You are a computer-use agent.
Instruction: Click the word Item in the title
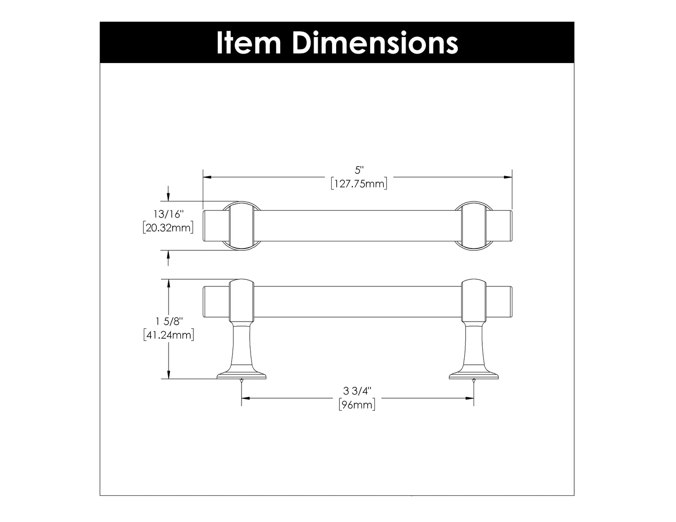point(248,43)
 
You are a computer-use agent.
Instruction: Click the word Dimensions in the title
point(375,43)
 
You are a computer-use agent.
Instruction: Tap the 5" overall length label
point(359,170)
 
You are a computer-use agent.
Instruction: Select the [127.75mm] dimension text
point(359,184)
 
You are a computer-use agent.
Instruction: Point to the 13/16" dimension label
point(169,214)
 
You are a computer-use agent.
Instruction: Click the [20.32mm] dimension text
point(168,227)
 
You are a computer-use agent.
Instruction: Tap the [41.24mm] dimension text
point(169,335)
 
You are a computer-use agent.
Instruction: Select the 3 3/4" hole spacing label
point(357,391)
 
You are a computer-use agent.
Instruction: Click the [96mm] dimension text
point(357,404)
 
